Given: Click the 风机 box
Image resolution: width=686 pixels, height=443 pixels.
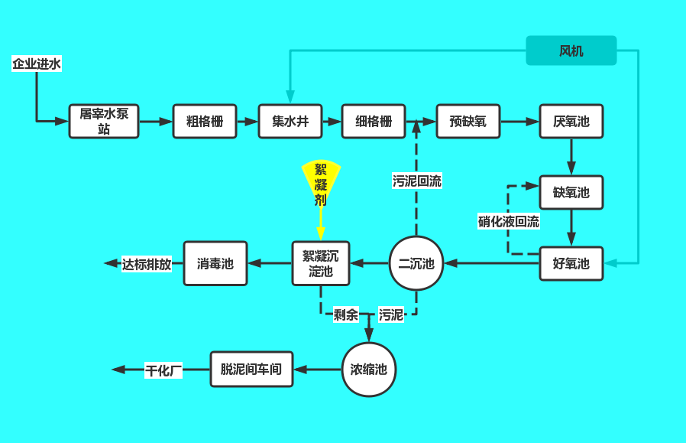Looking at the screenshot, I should coord(571,51).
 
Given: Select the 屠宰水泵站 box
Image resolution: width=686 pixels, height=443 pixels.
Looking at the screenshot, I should coord(104,121).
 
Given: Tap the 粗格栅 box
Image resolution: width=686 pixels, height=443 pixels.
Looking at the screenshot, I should coord(205,121).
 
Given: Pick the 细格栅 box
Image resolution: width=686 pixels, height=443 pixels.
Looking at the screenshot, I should coord(374,121).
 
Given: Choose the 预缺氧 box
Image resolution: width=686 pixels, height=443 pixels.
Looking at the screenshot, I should coord(468,121).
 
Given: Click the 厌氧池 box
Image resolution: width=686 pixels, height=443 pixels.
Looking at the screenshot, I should coord(571,121).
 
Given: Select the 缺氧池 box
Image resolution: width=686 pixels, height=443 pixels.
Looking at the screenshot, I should coord(571,192).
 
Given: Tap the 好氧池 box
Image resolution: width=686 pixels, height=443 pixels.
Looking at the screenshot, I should coord(571,264).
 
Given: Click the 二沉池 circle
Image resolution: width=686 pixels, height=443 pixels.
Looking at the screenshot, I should coord(416,264).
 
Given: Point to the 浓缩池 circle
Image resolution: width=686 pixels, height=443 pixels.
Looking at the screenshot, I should coord(369,370).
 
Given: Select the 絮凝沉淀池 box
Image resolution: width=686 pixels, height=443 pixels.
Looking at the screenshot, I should coord(321,264).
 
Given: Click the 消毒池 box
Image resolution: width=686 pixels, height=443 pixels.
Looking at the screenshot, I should coord(215,264).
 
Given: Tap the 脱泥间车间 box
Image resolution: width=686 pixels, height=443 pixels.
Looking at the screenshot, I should coord(251,370).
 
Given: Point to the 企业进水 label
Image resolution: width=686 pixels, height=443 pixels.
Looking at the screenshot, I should coord(37,64).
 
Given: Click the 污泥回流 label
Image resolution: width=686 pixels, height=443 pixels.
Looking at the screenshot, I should coord(417,181).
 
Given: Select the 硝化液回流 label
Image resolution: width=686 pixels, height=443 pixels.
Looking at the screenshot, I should coord(509,222).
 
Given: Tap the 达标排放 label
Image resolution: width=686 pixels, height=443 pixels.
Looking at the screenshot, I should coord(147,264).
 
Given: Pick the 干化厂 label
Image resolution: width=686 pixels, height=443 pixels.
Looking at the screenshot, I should coord(164,370).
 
